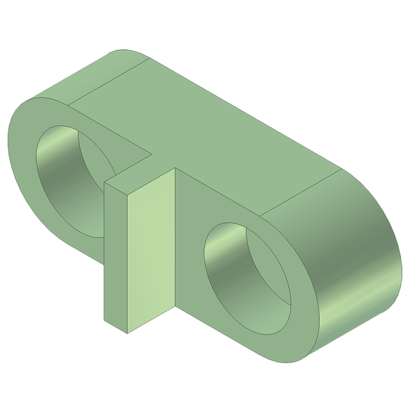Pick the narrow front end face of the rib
(116, 257)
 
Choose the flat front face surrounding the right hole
(193, 212)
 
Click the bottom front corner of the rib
(127, 333)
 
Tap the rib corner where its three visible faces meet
(127, 193)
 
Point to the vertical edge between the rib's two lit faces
(127, 264)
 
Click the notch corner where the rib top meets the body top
(153, 154)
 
